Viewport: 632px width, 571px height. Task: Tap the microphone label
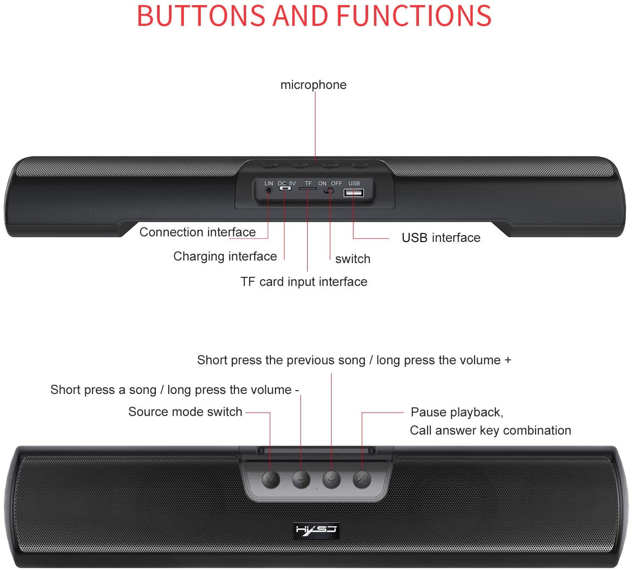pyautogui.click(x=313, y=85)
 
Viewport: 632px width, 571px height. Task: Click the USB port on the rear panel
pyautogui.click(x=354, y=193)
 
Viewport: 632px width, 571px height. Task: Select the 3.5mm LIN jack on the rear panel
pyautogui.click(x=269, y=190)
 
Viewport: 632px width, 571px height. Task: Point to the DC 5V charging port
pyautogui.click(x=285, y=188)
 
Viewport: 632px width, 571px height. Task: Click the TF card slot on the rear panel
pyautogui.click(x=308, y=188)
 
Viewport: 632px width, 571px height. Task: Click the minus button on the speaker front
pyautogui.click(x=301, y=480)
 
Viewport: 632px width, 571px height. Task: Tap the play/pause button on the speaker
pyautogui.click(x=362, y=480)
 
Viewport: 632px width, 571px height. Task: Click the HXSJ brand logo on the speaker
pyautogui.click(x=316, y=530)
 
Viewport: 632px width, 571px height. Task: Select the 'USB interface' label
pyautogui.click(x=441, y=238)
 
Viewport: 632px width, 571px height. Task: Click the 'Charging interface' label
pyautogui.click(x=225, y=257)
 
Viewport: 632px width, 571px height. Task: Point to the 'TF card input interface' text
pyautogui.click(x=304, y=282)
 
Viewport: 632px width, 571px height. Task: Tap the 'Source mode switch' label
pyautogui.click(x=185, y=412)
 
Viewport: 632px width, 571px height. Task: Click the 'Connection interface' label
pyautogui.click(x=197, y=232)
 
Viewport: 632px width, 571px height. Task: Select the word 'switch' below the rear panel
pyautogui.click(x=353, y=259)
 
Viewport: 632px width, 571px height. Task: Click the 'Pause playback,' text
pyautogui.click(x=457, y=412)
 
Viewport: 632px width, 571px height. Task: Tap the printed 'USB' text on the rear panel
pyautogui.click(x=354, y=183)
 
